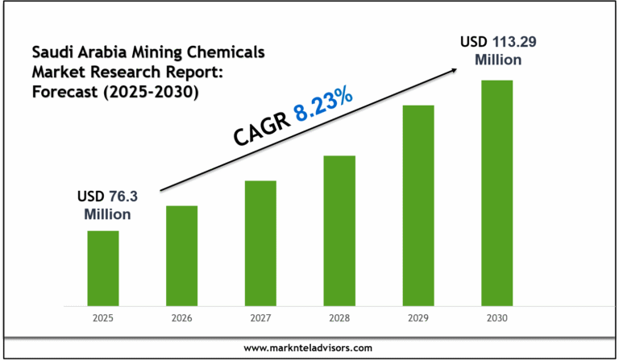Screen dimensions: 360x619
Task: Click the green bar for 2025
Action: [x=103, y=268]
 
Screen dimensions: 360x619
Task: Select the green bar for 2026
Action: [x=181, y=256]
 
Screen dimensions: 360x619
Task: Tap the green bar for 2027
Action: [x=260, y=243]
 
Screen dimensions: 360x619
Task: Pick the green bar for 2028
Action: [x=339, y=230]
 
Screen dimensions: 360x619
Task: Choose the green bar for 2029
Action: [x=418, y=205]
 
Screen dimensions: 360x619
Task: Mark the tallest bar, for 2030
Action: [x=497, y=193]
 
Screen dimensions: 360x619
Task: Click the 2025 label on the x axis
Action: [x=103, y=319]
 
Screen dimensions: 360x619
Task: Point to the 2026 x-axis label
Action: [x=181, y=319]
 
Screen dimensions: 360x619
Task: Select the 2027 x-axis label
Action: [x=260, y=319]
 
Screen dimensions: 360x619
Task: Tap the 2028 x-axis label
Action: [x=339, y=319]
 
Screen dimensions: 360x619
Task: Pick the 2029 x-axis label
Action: [x=418, y=319]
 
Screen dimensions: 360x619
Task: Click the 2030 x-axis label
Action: [x=497, y=319]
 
